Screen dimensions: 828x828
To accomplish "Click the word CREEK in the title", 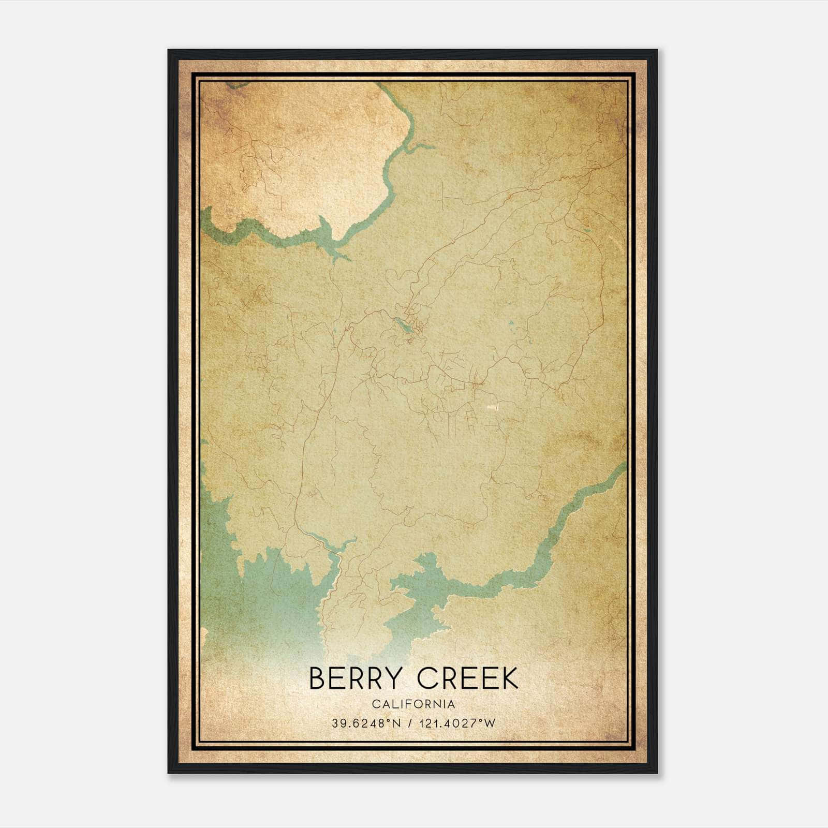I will pyautogui.click(x=467, y=678).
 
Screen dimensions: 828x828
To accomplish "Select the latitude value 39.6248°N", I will pyautogui.click(x=367, y=723).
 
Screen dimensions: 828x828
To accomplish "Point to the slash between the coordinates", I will pyautogui.click(x=411, y=723).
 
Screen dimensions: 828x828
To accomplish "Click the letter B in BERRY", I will pyautogui.click(x=317, y=678).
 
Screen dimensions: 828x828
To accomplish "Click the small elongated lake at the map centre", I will pyautogui.click(x=403, y=326).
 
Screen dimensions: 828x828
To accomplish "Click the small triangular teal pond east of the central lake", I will pyautogui.click(x=511, y=324).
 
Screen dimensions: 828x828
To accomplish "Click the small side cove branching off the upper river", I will pyautogui.click(x=420, y=147).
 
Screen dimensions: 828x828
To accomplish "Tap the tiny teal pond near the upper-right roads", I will pyautogui.click(x=586, y=229).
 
